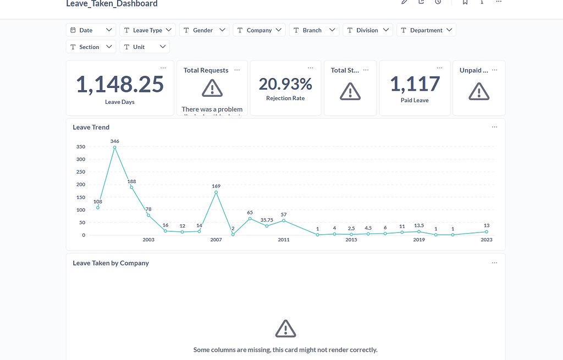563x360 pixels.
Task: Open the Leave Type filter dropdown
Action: pos(147,30)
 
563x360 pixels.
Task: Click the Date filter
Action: pos(91,30)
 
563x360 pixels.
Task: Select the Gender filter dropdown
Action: pos(203,30)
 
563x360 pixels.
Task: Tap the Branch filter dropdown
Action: pos(314,30)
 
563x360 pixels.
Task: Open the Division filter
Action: pos(367,30)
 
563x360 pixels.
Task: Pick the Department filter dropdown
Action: pos(426,30)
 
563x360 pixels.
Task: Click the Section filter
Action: pos(91,47)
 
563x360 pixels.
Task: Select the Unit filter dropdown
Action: pos(145,47)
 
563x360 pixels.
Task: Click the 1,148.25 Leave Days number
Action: pos(120,85)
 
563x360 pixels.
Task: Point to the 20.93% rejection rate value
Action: pos(285,84)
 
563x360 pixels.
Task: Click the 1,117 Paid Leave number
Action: pos(415,84)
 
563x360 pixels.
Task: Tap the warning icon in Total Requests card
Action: pos(212,88)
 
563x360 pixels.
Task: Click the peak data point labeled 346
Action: pos(114,147)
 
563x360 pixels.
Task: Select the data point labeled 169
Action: pos(216,192)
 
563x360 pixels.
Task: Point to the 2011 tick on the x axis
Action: pos(284,240)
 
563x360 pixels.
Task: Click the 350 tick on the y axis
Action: pos(81,147)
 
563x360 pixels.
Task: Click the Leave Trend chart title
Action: pos(91,128)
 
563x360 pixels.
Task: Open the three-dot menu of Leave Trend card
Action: pos(494,127)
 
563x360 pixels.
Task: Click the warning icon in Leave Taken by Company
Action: pos(285,329)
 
